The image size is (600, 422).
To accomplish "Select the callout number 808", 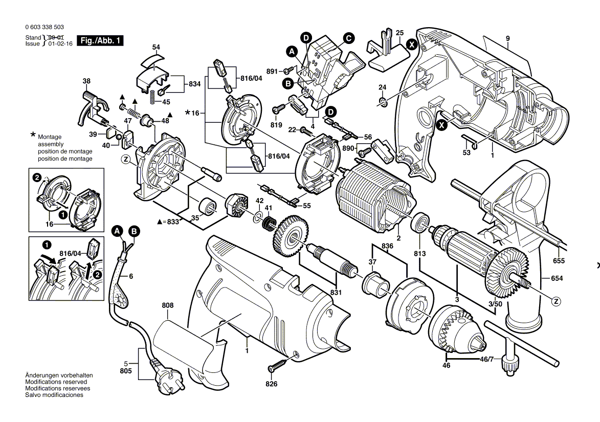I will [168, 305].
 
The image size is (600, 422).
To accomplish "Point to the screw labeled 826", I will [276, 366].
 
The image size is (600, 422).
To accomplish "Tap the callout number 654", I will [557, 278].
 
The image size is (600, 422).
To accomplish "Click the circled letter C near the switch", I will [348, 38].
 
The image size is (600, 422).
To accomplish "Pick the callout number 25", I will [399, 32].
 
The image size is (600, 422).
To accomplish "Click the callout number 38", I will [86, 81].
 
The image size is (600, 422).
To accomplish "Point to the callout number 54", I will [156, 47].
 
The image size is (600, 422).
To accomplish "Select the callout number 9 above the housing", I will [507, 38].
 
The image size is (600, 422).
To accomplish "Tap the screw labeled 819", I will [280, 109].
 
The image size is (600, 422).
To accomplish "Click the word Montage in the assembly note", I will [49, 137].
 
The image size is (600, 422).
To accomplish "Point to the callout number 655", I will [559, 261].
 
